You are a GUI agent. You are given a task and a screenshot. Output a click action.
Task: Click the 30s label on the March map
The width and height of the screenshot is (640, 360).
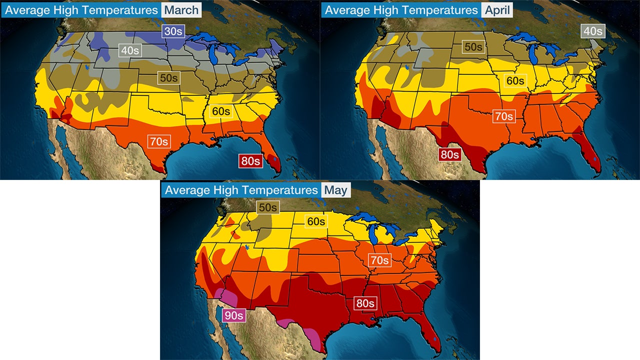coord(173,31)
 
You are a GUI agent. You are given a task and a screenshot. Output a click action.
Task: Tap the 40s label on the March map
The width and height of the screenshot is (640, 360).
coord(130,50)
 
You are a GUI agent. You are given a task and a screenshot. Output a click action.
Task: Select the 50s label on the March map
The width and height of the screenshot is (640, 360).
coord(169,78)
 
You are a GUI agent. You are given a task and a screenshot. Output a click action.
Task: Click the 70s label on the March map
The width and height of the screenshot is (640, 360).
coord(158,141)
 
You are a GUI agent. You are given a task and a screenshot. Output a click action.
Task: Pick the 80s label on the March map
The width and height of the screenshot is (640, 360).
coord(250,161)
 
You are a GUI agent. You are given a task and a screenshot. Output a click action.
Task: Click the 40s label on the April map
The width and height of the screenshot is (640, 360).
coord(593,31)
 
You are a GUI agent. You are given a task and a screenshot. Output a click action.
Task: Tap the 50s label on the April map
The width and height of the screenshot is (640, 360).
coord(473,47)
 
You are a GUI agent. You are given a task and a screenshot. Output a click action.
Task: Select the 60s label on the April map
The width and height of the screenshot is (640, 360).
coord(515,80)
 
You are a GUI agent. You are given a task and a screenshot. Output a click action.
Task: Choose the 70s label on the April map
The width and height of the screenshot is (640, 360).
coord(504,116)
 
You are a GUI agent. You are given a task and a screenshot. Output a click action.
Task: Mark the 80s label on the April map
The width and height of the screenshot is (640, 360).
coord(449,154)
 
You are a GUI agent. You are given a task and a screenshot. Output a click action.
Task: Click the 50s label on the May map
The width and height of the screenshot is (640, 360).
coord(267,207)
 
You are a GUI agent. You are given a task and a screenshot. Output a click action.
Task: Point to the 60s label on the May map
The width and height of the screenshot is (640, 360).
coord(315,221)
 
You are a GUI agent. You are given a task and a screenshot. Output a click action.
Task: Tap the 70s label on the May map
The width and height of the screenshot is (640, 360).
coord(379,260)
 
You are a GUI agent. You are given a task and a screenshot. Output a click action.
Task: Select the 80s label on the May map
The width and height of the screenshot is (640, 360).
coord(365,303)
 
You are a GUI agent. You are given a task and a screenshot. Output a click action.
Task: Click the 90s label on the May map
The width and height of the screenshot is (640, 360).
coord(233,315)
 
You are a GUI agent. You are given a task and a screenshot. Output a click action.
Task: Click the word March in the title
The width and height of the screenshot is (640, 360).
coord(181,9)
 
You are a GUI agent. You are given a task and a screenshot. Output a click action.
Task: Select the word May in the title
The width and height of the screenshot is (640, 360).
coord(335,190)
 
